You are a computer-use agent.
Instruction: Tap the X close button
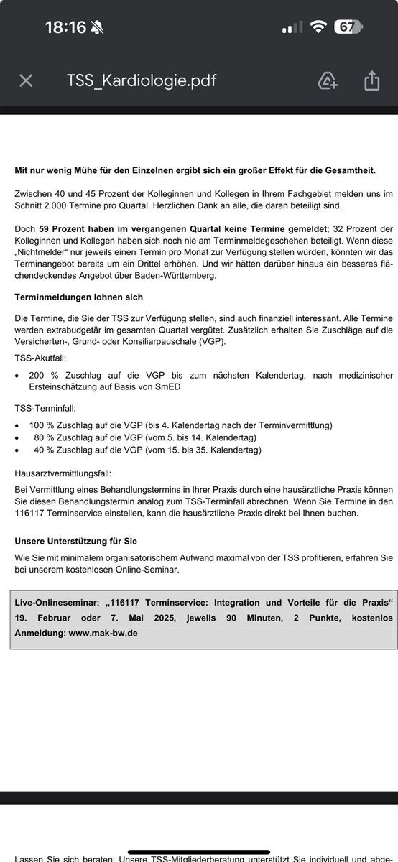point(26,80)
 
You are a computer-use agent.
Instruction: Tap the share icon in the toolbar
point(371,80)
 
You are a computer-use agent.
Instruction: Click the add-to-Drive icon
point(328,80)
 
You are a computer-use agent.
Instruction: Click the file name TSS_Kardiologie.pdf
point(142,80)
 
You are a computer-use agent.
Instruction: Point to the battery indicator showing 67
point(348,27)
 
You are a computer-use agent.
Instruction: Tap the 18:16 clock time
point(65,27)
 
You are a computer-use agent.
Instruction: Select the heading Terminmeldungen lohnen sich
point(79,297)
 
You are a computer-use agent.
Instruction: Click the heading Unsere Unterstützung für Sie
point(76,541)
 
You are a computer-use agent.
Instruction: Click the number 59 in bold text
point(47,228)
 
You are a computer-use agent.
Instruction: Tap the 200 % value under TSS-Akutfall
point(42,375)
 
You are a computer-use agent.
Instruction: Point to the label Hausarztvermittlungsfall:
point(63,473)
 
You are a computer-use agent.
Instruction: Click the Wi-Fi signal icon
point(317,27)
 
